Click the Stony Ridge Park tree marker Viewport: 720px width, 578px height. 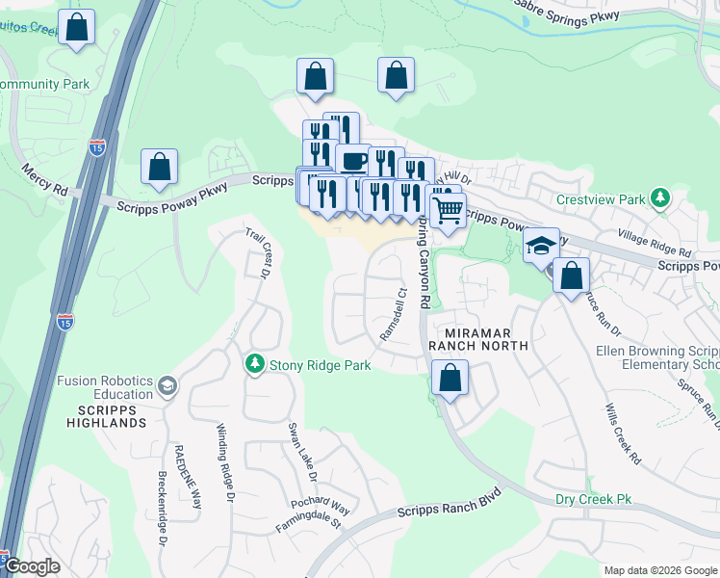[x=255, y=364]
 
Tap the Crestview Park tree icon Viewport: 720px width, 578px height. [x=659, y=200]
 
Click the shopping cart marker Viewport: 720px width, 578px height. [x=448, y=209]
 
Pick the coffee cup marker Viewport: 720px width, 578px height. [x=353, y=160]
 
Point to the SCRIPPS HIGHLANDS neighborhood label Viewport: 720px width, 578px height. [x=106, y=416]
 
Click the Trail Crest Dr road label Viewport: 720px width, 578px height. [x=257, y=252]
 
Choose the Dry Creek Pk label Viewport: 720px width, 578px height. [x=593, y=499]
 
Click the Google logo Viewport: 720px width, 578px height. [x=33, y=566]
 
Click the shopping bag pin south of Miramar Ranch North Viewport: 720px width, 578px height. [x=450, y=378]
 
